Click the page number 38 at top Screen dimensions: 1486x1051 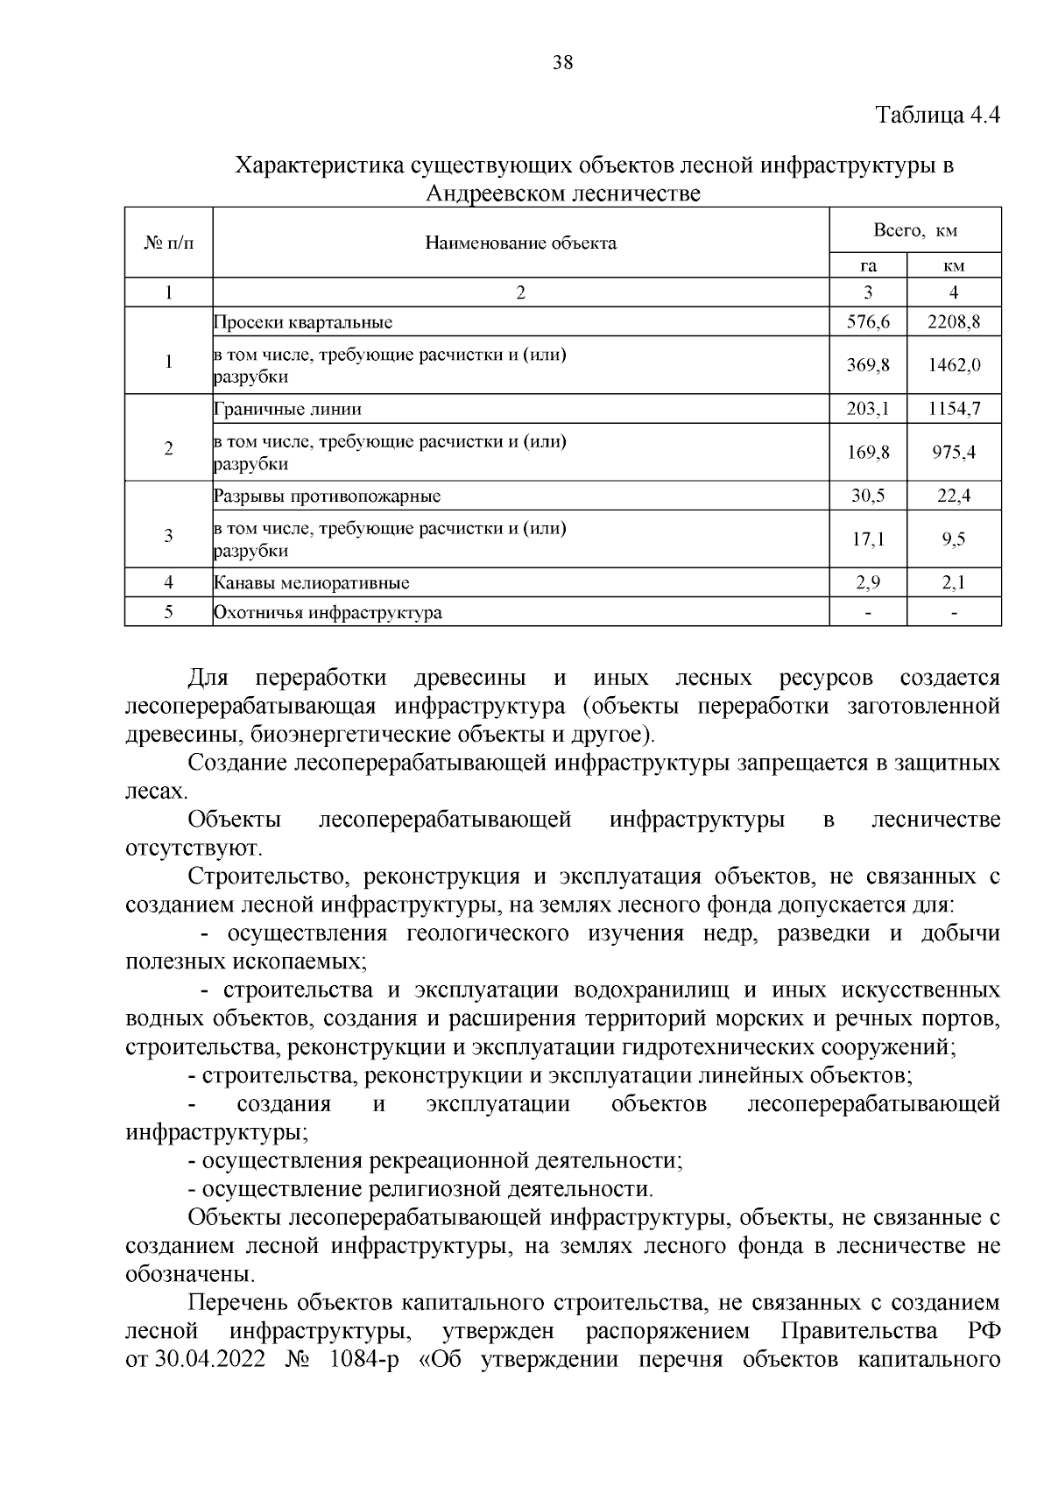[x=562, y=62]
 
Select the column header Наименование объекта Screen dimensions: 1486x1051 [x=520, y=243]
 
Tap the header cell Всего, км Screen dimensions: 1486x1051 [x=914, y=230]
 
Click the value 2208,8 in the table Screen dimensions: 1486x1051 [x=954, y=321]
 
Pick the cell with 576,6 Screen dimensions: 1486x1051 [x=868, y=321]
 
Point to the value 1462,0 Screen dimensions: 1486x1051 [x=954, y=364]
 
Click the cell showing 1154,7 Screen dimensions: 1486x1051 [x=954, y=408]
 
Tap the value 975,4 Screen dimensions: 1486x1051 [x=954, y=452]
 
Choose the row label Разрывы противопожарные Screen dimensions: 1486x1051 [x=327, y=497]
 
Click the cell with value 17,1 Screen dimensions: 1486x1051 [x=868, y=539]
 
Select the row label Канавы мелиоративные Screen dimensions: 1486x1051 [x=311, y=583]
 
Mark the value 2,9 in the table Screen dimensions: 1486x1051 [x=868, y=582]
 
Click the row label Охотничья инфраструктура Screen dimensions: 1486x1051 [x=328, y=613]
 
